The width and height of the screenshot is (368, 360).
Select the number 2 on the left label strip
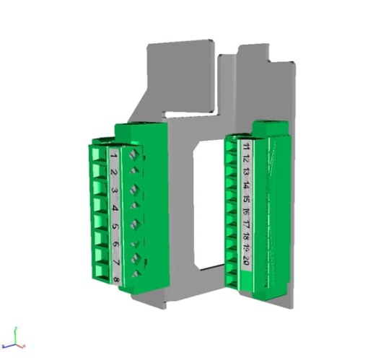tap(114, 173)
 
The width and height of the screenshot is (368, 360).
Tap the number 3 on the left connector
tap(114, 192)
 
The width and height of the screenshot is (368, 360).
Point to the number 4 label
tap(115, 209)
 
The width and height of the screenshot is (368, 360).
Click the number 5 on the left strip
tap(115, 227)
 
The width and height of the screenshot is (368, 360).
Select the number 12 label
tap(246, 160)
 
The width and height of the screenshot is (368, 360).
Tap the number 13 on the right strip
tap(246, 173)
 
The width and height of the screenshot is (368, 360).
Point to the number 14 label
tap(246, 186)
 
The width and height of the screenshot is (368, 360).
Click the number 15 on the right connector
tap(246, 199)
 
